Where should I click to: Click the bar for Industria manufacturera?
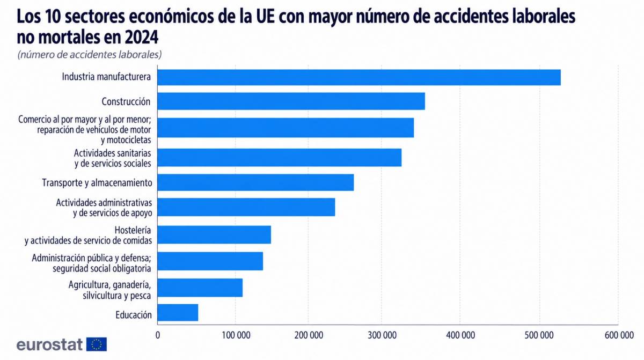(359, 77)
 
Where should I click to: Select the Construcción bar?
(291, 101)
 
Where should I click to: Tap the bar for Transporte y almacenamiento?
(255, 182)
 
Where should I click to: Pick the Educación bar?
(178, 313)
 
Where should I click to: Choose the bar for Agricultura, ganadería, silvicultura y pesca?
(200, 288)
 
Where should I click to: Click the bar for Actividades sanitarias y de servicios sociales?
(280, 157)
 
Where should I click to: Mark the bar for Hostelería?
(214, 235)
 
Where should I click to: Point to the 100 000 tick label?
(236, 335)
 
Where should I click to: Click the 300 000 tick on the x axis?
(382, 335)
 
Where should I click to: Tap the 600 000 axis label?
(619, 335)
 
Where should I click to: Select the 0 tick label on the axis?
(158, 335)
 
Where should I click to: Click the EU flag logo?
(97, 344)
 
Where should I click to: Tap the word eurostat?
(50, 344)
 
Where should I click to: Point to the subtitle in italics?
(90, 55)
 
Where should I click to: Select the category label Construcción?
(126, 101)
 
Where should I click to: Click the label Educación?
(134, 315)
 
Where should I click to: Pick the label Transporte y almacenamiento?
(97, 183)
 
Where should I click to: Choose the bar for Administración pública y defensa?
(210, 261)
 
